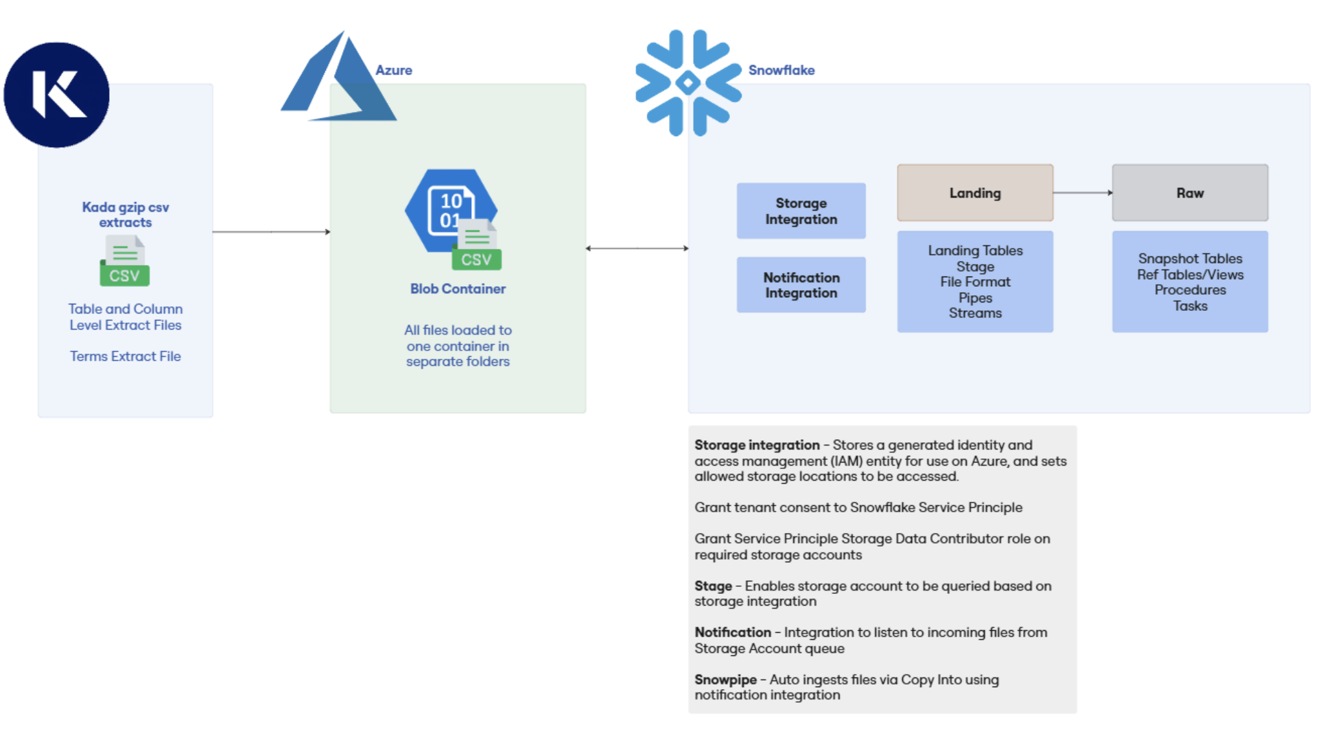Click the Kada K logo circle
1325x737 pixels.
click(56, 95)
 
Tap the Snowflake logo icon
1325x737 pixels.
click(688, 83)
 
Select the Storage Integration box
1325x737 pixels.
click(801, 211)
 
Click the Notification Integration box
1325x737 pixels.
click(801, 285)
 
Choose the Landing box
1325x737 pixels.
click(975, 193)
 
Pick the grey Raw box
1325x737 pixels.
click(1190, 193)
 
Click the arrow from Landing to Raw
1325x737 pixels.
click(1083, 193)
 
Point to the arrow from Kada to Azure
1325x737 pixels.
click(272, 232)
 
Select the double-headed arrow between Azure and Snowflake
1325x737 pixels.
click(637, 248)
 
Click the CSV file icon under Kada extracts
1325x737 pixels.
click(124, 260)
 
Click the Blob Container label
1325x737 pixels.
click(458, 289)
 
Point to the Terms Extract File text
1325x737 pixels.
click(125, 356)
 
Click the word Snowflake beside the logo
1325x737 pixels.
click(781, 70)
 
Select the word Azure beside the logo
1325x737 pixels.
click(393, 70)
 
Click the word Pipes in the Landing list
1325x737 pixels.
click(975, 298)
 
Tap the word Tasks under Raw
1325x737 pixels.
click(1190, 306)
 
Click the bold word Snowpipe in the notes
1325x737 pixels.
click(725, 680)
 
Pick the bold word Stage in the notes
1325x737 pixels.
click(713, 586)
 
